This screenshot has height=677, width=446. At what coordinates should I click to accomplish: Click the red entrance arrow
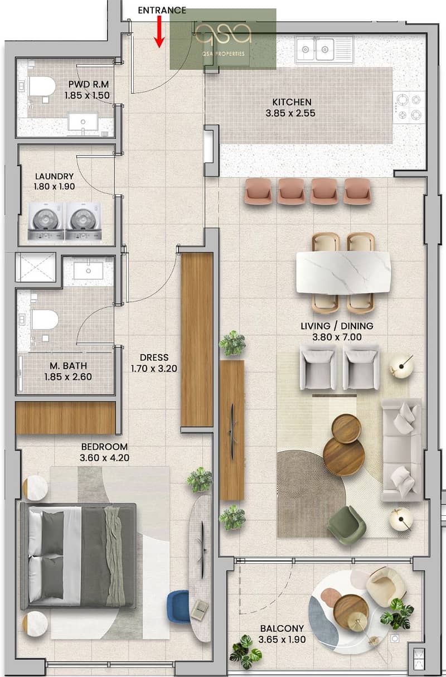pyautogui.click(x=159, y=32)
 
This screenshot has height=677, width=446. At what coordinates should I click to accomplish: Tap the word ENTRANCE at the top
pyautogui.click(x=162, y=10)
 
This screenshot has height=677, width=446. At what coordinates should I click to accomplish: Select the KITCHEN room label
pyautogui.click(x=292, y=102)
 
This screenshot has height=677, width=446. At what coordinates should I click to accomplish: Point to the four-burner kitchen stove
pyautogui.click(x=409, y=107)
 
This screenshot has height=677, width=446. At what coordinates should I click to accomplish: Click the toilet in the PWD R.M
pyautogui.click(x=42, y=86)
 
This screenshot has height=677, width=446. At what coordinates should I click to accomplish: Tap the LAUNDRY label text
pyautogui.click(x=55, y=176)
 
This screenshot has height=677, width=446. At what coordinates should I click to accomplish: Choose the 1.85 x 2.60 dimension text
pyautogui.click(x=68, y=376)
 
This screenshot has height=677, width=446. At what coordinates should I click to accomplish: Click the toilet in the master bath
pyautogui.click(x=45, y=320)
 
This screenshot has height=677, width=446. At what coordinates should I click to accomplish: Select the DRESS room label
pyautogui.click(x=154, y=357)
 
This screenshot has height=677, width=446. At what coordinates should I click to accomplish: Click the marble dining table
pyautogui.click(x=343, y=272)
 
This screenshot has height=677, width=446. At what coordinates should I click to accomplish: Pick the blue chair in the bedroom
pyautogui.click(x=179, y=607)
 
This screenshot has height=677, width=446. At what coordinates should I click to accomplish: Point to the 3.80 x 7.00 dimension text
pyautogui.click(x=337, y=337)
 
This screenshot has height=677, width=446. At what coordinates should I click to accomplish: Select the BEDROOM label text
pyautogui.click(x=104, y=447)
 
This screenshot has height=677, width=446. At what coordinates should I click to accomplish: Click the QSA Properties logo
pyautogui.click(x=223, y=38)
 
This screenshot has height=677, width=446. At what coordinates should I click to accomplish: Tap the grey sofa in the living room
pyautogui.click(x=401, y=449)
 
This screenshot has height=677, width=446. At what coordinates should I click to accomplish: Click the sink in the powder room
pyautogui.click(x=83, y=122)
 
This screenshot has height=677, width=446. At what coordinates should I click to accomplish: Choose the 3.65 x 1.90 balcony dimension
pyautogui.click(x=282, y=640)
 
